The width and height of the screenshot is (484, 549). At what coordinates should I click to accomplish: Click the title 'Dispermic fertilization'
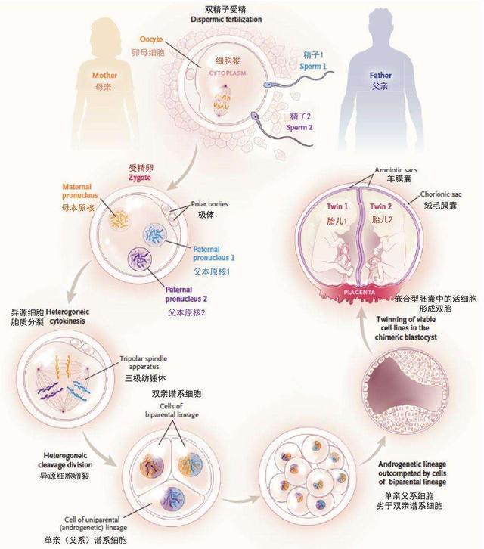point(226,19)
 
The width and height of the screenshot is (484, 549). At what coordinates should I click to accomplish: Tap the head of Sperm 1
point(268,85)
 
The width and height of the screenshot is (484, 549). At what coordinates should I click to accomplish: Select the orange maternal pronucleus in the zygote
point(119,219)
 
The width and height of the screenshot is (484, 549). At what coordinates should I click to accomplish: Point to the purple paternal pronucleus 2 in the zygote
point(140,259)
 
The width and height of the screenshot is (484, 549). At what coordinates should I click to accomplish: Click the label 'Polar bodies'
point(209,203)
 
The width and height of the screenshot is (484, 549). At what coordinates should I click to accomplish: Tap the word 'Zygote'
point(140,178)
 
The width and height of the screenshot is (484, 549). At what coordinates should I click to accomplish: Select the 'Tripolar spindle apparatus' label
point(143,363)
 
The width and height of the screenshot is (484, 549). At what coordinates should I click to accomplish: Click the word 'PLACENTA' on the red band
point(359,292)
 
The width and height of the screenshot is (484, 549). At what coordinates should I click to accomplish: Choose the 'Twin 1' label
point(337,206)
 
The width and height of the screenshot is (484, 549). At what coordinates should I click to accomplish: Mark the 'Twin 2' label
point(380,206)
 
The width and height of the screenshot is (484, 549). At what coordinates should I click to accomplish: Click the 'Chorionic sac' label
point(441,194)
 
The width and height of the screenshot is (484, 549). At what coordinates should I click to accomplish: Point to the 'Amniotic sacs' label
point(396,170)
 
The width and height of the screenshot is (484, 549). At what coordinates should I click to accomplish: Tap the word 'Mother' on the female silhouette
point(104,76)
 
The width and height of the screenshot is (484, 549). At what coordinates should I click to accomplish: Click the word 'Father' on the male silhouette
point(380,76)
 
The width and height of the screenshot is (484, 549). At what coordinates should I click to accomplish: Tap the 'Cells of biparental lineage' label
point(172,411)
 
